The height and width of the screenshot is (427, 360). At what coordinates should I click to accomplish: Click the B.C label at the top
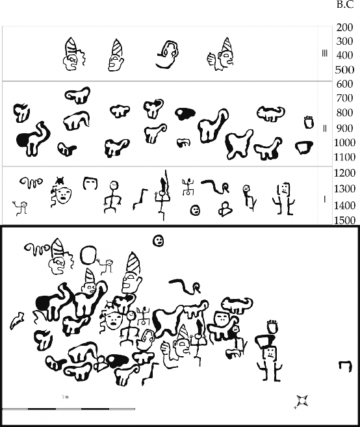(x=345, y=4)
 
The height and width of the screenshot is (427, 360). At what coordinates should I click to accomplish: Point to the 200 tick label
(x=344, y=27)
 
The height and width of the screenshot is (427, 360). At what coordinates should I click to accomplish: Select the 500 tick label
(x=344, y=70)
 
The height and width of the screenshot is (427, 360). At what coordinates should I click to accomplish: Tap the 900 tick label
(x=344, y=128)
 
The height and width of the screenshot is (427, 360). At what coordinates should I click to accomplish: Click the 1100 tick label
(x=344, y=157)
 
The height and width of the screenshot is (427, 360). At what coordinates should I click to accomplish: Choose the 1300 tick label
(x=344, y=188)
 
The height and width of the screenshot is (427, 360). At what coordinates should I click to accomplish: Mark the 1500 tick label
(x=344, y=220)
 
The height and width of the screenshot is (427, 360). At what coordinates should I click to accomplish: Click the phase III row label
(x=324, y=53)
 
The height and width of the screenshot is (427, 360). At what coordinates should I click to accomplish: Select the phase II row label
(x=324, y=128)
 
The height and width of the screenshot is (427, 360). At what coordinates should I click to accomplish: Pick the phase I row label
(x=324, y=200)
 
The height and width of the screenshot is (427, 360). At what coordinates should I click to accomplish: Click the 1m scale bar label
(x=65, y=396)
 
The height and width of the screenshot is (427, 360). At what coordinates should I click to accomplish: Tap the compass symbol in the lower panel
(x=302, y=402)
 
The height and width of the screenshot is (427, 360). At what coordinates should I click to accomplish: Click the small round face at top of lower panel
(x=158, y=240)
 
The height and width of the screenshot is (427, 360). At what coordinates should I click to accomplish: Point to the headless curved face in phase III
(x=167, y=55)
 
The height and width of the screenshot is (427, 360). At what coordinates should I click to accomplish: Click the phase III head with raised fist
(x=220, y=55)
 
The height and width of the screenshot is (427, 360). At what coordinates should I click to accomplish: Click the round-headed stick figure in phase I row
(x=112, y=197)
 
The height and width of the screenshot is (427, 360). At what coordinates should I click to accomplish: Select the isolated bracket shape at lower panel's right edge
(x=346, y=366)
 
